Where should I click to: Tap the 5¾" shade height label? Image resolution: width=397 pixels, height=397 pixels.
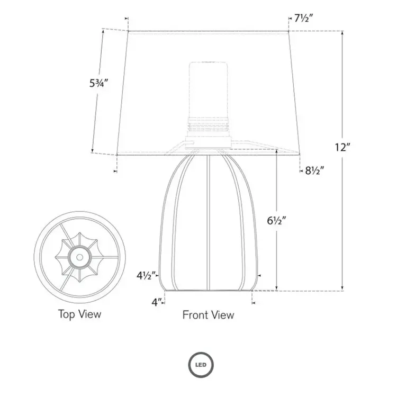tap(99, 83)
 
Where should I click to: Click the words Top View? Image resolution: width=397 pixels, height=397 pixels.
tap(79, 314)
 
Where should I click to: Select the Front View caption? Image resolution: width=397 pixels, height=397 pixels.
tap(208, 315)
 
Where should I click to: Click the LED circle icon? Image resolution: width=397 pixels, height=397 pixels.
tap(199, 364)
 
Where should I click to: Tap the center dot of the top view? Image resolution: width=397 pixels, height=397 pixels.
tap(79, 257)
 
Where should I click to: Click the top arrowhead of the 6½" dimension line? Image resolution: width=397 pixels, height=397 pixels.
tap(276, 150)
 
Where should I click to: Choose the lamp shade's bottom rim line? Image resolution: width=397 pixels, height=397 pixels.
tap(209, 155)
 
